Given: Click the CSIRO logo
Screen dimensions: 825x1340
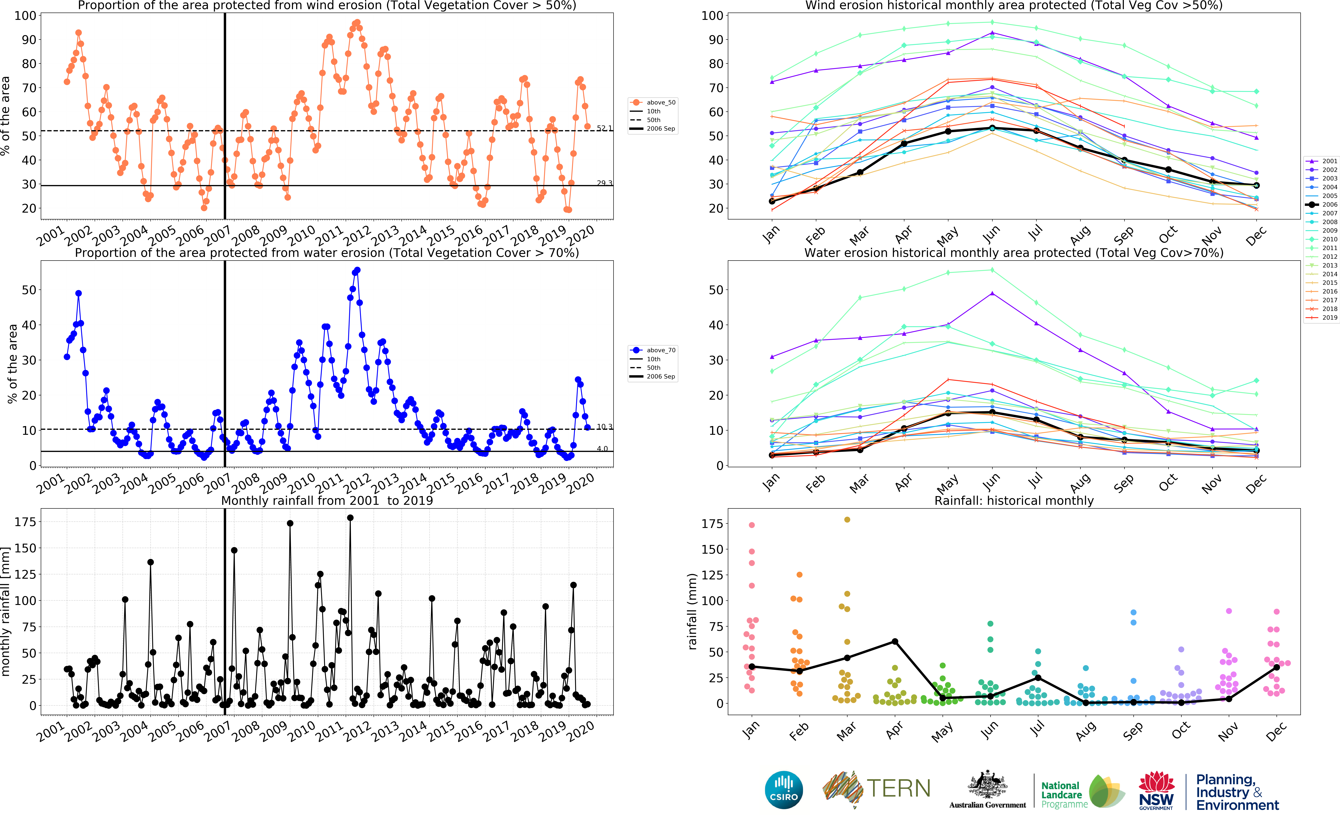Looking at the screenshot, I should point(784,790).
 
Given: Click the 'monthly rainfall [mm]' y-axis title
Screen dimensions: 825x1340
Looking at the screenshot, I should point(6,611).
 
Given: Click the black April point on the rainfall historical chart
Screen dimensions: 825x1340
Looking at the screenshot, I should point(895,642).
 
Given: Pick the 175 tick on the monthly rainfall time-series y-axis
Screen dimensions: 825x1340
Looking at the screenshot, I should point(25,522).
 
